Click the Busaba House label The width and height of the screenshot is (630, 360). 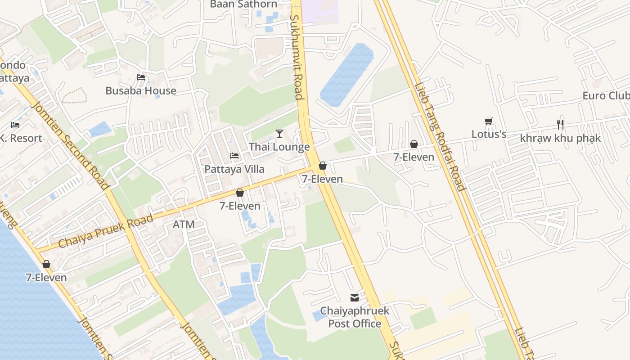140,90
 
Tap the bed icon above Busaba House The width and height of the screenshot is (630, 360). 141,77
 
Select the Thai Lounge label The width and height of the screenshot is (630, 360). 279,147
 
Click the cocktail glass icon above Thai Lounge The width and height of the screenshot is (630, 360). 279,134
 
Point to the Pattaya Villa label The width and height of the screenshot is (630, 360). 234,169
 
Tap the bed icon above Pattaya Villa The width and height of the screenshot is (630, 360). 234,156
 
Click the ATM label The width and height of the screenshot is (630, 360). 184,224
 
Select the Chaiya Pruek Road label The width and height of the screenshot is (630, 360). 106,231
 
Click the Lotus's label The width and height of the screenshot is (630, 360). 489,134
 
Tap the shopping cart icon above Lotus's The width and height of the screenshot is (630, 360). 489,121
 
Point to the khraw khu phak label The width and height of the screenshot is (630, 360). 560,138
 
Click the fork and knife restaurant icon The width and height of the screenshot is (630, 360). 560,125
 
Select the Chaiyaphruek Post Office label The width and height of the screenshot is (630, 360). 355,317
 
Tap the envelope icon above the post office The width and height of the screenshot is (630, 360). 355,297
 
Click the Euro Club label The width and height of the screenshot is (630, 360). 606,96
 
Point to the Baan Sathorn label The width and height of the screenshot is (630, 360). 244,4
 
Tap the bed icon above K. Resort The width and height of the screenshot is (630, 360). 15,125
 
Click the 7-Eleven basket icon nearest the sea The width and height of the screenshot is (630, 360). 46,264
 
